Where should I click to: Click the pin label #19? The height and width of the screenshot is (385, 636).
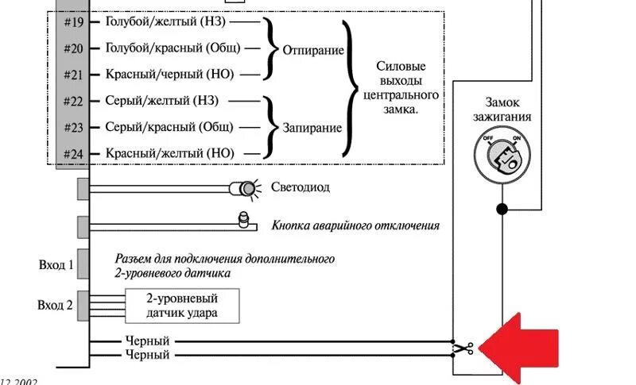pos(72,21)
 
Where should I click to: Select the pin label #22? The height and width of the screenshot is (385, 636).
pos(72,101)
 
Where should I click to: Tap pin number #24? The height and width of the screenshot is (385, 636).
pos(72,153)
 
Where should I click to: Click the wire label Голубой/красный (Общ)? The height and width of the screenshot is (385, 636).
pos(173,48)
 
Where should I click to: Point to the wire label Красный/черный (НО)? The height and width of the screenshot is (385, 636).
pos(169,74)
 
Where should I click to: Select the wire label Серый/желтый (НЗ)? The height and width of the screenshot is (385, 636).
pos(162,101)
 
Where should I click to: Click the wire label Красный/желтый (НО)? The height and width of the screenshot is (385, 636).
pos(170,153)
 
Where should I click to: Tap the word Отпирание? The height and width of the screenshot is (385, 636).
pos(313,51)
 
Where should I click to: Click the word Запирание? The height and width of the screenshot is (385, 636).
pos(312,127)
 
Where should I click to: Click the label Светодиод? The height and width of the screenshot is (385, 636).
pos(300,188)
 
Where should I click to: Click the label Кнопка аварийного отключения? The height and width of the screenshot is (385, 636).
pos(355,225)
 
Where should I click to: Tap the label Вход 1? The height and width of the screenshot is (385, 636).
pos(55,265)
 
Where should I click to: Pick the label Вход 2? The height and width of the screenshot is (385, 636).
pos(55,305)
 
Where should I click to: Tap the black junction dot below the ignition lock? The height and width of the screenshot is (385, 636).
pos(501,210)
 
